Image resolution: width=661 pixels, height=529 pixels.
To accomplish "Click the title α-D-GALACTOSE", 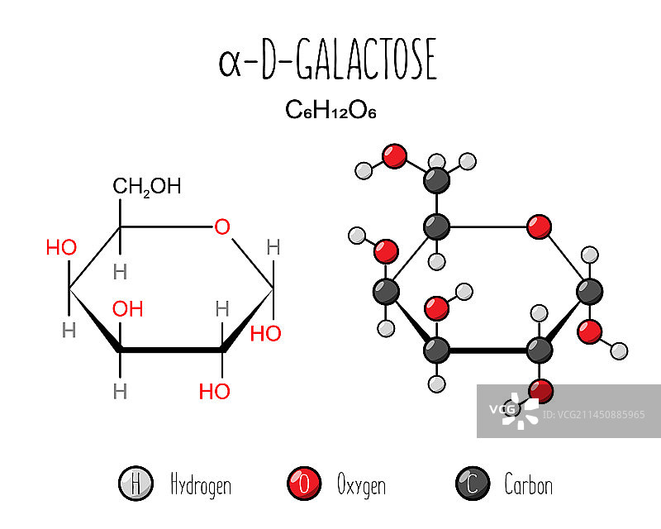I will click(327, 63).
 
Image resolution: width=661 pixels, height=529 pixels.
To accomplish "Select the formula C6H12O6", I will click(330, 110).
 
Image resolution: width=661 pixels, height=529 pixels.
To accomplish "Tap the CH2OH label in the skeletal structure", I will click(146, 186).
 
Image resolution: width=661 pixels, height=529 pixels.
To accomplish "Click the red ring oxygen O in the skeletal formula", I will click(221, 226).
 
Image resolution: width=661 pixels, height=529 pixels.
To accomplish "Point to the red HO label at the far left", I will click(61, 247).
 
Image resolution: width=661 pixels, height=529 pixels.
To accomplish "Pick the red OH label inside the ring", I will click(128, 309).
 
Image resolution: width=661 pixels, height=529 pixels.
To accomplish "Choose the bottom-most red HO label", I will click(214, 392).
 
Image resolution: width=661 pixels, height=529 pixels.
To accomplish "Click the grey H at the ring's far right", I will click(273, 247).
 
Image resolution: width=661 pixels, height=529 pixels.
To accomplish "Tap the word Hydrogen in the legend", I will click(200, 484).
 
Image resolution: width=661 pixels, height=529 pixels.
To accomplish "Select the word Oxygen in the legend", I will click(361, 484).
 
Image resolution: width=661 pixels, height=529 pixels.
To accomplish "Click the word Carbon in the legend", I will click(528, 484).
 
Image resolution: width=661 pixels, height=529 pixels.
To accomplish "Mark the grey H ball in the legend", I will click(134, 484).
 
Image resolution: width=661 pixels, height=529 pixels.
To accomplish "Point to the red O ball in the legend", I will click(303, 484).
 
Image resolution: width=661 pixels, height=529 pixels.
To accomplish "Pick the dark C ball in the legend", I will click(472, 484).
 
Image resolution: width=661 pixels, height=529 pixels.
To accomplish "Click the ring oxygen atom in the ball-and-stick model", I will click(539, 226).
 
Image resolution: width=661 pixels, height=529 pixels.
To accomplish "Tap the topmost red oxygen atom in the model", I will click(396, 155).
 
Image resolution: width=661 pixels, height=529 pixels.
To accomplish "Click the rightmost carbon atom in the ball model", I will click(589, 291).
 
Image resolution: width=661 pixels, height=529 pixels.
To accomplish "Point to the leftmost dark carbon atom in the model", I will click(386, 291).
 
